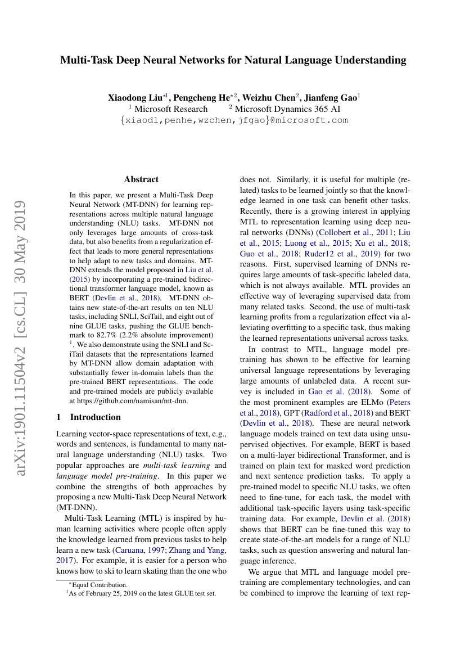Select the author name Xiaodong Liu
coord(132,97)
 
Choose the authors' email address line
coord(234,120)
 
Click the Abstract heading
coord(141,179)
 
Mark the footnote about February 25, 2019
coord(141,593)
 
